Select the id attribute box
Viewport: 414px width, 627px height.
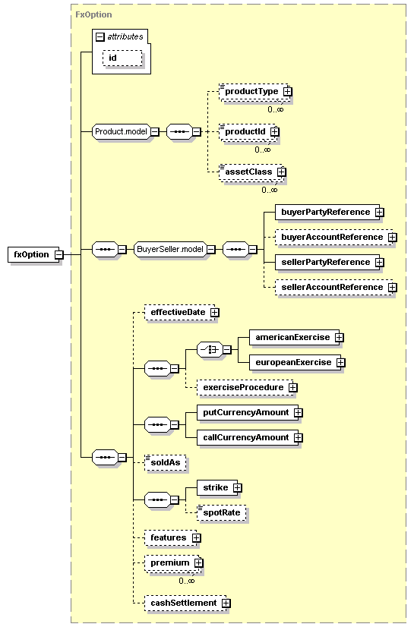click(x=122, y=58)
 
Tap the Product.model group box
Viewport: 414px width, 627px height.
click(x=122, y=131)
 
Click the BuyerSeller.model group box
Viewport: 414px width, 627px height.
click(x=170, y=250)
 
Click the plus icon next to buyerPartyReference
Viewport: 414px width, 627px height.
click(x=379, y=213)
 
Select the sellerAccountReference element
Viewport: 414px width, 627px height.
click(x=333, y=288)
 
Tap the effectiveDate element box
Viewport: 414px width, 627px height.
click(x=179, y=312)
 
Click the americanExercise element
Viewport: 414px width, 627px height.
click(x=294, y=338)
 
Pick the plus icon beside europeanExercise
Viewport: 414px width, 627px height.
click(x=341, y=363)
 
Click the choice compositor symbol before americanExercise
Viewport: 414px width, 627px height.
click(x=210, y=350)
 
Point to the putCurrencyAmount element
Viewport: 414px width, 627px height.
click(x=248, y=413)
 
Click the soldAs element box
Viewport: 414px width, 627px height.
click(x=166, y=462)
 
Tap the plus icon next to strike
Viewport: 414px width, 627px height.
click(x=237, y=488)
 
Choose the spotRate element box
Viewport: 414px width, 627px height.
click(x=222, y=513)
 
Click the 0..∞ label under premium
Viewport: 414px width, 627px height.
click(x=187, y=581)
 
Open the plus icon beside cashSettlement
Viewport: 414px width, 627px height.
click(x=226, y=603)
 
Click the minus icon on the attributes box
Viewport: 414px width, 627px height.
click(x=100, y=37)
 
